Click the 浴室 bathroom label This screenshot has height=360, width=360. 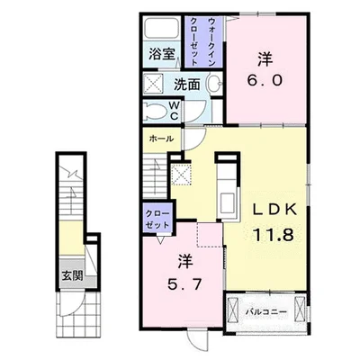[162, 54]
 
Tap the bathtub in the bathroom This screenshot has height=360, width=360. [162, 28]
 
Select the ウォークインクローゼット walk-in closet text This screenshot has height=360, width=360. [202, 41]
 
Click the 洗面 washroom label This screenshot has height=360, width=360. [187, 85]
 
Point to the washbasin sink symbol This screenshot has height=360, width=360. [214, 84]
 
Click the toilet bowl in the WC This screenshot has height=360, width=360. [155, 112]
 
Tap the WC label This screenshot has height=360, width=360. [175, 111]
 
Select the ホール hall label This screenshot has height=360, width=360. [161, 139]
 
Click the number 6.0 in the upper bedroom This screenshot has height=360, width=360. [265, 80]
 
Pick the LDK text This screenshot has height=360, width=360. [275, 209]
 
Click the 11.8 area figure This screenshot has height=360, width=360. [274, 235]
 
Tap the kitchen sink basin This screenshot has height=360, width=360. [227, 203]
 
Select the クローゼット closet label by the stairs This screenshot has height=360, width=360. [157, 220]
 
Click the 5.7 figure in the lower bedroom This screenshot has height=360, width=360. [184, 285]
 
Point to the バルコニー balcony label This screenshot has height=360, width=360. [266, 311]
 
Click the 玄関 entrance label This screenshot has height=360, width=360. [72, 275]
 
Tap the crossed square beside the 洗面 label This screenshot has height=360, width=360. [153, 83]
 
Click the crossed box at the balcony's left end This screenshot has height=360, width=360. [233, 309]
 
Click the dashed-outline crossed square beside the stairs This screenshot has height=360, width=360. [181, 174]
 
